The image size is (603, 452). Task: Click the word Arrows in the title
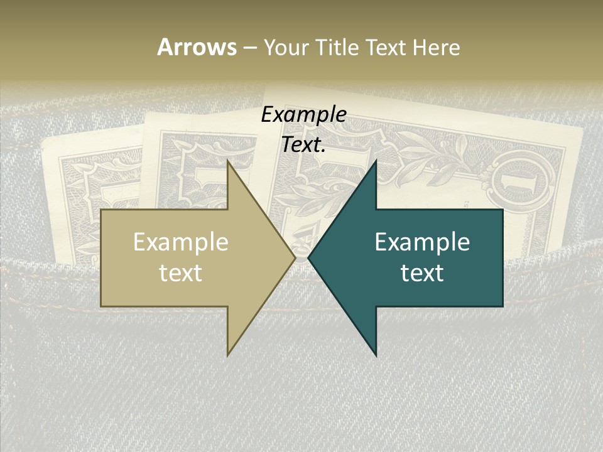click(197, 47)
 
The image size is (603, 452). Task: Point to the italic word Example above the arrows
click(303, 115)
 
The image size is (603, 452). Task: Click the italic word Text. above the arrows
click(303, 145)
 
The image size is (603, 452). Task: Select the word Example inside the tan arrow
click(181, 242)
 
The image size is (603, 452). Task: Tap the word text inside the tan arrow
click(181, 273)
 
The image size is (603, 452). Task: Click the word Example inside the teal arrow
click(422, 242)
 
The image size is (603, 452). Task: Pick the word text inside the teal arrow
click(422, 273)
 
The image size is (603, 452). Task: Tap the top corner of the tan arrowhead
click(228, 161)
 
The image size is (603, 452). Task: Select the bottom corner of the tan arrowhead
click(228, 354)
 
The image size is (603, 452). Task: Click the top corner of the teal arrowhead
click(376, 161)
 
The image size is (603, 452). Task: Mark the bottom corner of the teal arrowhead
click(376, 355)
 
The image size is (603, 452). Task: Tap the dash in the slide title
click(249, 48)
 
